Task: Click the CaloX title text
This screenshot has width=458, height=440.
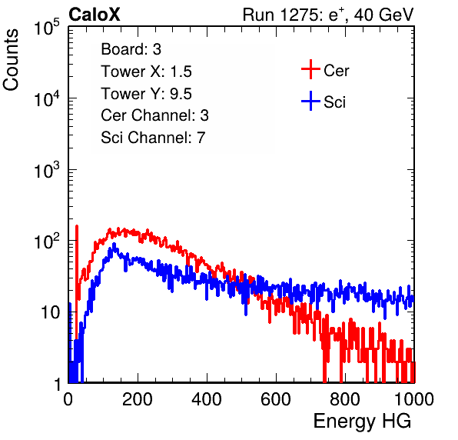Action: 94,15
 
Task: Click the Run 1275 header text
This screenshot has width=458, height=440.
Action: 328,15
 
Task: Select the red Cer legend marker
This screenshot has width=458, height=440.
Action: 310,69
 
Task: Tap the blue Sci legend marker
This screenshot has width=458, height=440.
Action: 310,101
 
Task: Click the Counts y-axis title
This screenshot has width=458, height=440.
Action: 11,60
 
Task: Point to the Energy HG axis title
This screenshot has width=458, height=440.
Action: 362,422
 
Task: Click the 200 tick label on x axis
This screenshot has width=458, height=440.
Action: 138,399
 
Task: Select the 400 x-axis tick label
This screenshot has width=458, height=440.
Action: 207,399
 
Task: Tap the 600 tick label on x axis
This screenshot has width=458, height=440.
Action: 276,399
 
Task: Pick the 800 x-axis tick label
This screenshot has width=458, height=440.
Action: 345,399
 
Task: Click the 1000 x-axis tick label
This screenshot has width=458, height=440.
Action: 414,399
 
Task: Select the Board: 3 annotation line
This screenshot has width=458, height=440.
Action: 131,49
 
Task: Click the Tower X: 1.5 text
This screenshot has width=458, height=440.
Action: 146,72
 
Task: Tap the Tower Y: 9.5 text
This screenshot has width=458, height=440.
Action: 146,94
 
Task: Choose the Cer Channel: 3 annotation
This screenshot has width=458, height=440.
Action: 154,115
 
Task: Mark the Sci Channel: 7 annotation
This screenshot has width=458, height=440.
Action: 153,138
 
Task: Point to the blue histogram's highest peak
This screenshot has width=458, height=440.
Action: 114,244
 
